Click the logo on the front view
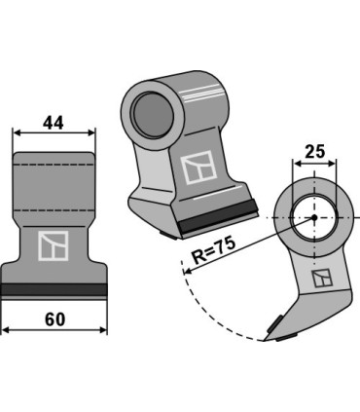pos(53,246)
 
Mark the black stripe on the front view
pos(54,290)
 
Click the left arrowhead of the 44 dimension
pos(17,133)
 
